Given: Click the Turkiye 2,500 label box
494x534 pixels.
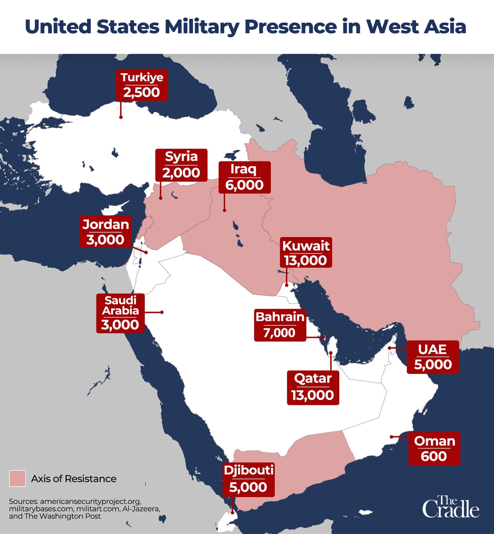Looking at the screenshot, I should coord(142,85).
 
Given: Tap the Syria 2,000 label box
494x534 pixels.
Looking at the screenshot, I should coord(181,165).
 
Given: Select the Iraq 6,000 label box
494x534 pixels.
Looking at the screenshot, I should coord(244,177).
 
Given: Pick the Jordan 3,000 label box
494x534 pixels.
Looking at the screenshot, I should coord(105,232).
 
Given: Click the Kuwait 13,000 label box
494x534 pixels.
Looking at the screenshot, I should coord(306,252).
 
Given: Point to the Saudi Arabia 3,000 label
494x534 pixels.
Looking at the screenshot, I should coord(120,313).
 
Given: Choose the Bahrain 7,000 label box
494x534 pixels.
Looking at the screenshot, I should coord(280,325).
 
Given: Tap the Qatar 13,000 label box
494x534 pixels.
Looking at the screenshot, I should coord(313,387).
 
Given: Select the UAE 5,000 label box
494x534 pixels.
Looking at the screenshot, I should coord(432,357).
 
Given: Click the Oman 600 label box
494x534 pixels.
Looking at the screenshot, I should coord(434,448).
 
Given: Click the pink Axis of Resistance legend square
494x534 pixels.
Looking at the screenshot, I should coord(17,478).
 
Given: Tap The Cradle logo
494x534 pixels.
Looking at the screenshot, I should coord(451,507).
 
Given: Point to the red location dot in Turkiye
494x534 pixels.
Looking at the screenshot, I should coord(121,117).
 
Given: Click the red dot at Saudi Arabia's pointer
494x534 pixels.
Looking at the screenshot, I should coord(162,312).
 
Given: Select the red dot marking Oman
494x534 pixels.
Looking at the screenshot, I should coord(392,437).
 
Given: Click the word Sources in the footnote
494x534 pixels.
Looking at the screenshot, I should coord(23,501).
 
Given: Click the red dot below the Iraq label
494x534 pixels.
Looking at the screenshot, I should coord(225,210).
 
